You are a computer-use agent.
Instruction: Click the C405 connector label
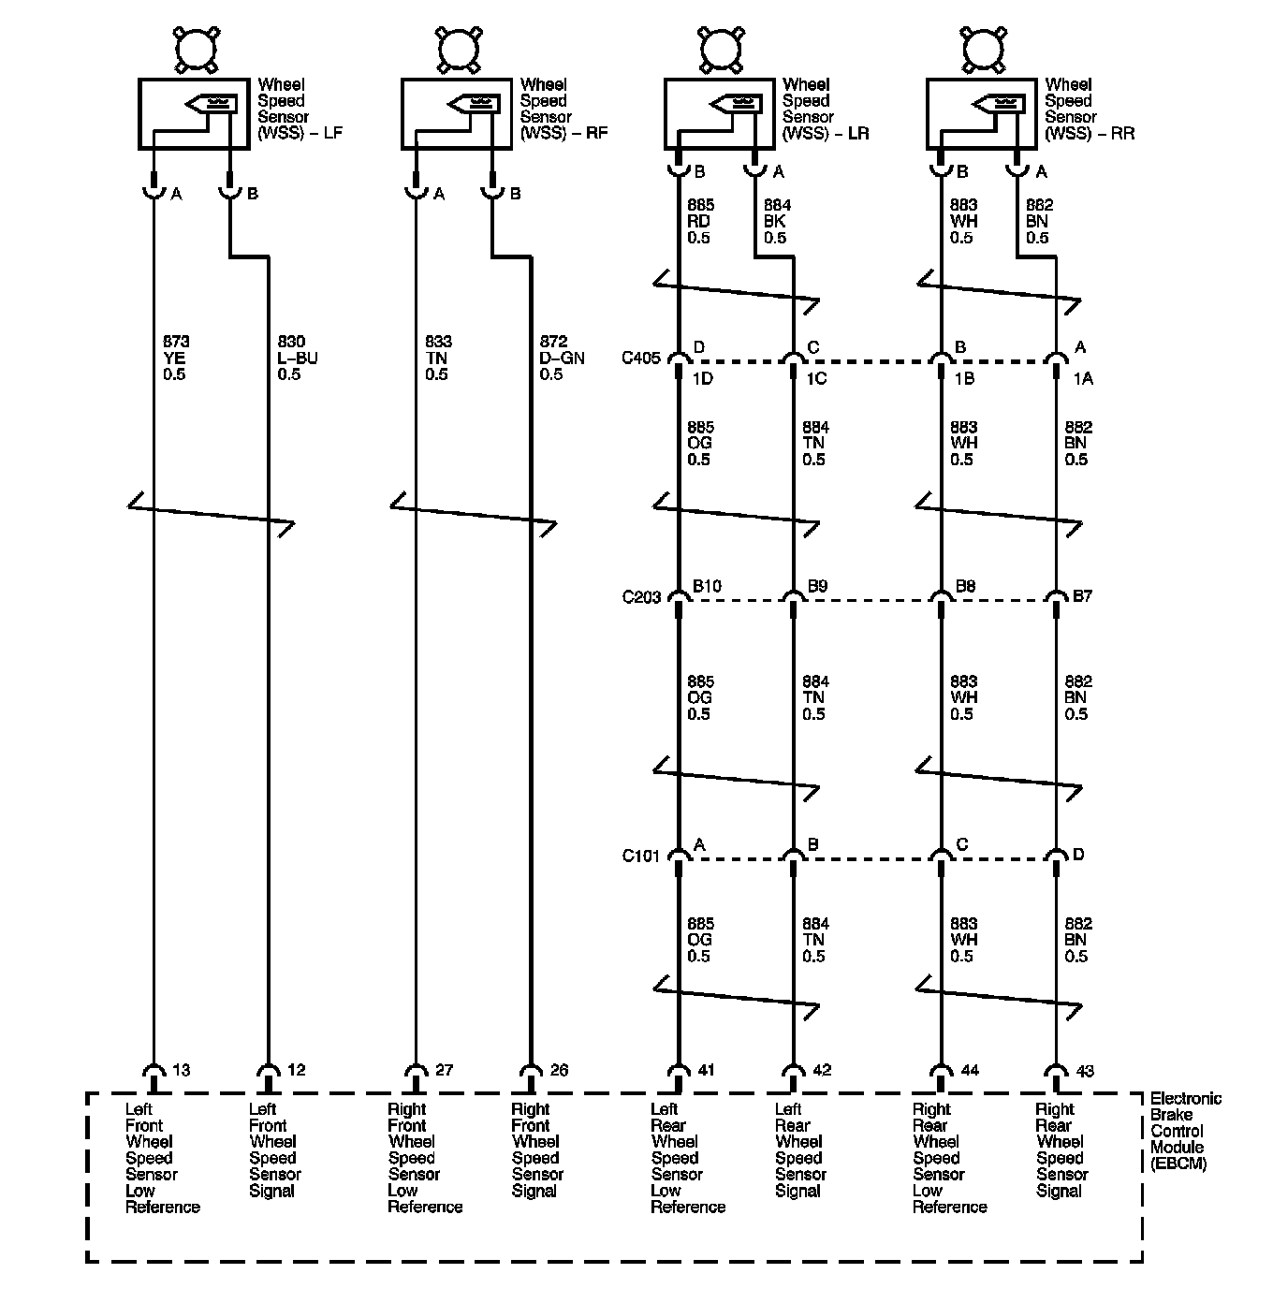[x=641, y=358]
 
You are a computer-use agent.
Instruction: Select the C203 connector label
[x=641, y=597]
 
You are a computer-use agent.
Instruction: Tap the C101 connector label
[x=641, y=856]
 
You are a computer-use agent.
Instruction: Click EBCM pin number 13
[x=182, y=1070]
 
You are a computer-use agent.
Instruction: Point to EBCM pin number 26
[x=559, y=1070]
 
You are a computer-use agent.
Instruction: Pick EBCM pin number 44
[x=970, y=1070]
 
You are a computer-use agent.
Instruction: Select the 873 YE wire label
[x=174, y=359]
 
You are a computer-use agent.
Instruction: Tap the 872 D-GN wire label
[x=560, y=359]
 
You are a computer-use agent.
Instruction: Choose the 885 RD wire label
[x=699, y=222]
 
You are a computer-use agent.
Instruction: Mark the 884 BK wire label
[x=775, y=222]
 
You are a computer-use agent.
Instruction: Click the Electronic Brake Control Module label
[x=1185, y=1131]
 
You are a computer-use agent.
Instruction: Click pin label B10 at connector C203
[x=707, y=587]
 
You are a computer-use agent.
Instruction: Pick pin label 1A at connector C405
[x=1083, y=378]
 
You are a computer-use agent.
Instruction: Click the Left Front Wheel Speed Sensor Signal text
[x=274, y=1149]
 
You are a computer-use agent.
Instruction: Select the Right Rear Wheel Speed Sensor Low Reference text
[x=949, y=1158]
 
